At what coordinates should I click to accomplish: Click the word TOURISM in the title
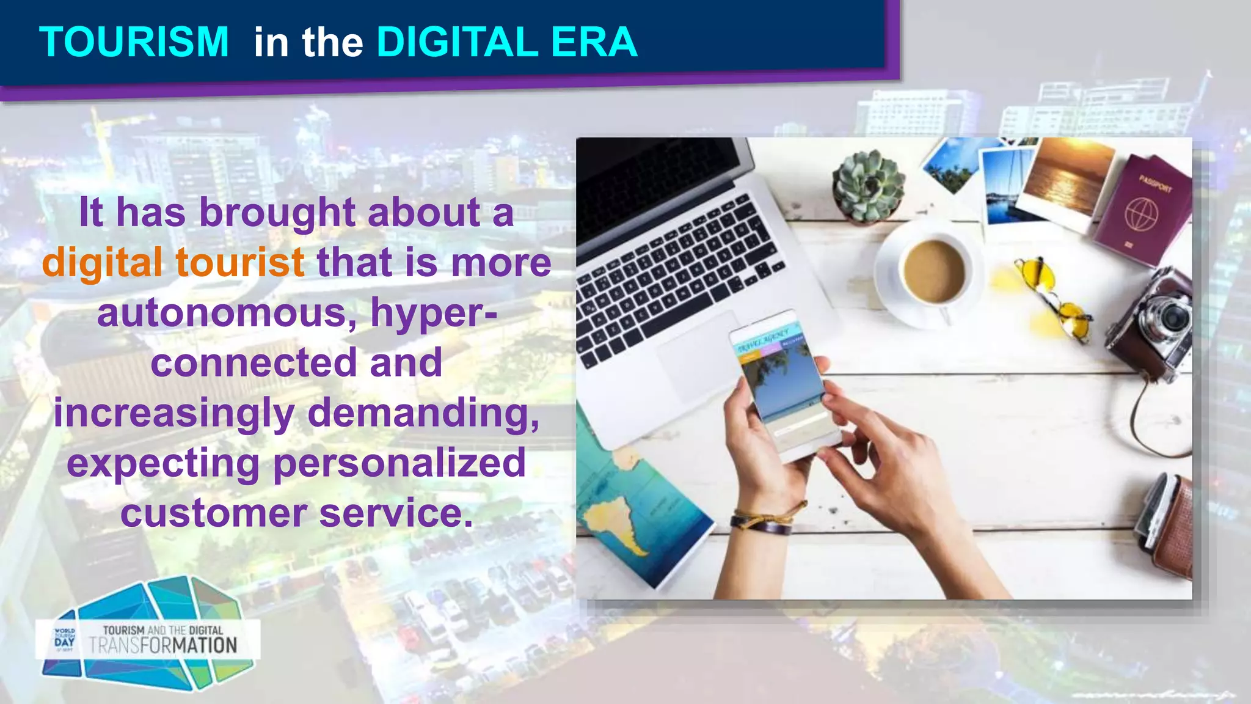click(134, 42)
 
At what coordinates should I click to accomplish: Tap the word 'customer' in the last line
click(213, 513)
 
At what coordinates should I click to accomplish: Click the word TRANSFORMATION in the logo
click(163, 645)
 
